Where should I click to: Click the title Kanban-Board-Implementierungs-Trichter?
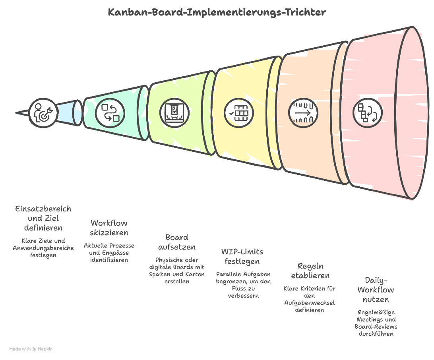217,12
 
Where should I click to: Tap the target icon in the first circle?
43,112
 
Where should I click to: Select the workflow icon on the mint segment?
110,112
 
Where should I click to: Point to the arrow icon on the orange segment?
303,112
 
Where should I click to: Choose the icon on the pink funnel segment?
368,113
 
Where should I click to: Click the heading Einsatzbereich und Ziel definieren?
43,218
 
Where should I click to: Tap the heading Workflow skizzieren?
109,228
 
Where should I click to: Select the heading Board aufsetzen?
177,242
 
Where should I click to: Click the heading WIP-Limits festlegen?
242,256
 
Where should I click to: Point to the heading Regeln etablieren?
310,271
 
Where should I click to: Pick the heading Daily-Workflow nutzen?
376,290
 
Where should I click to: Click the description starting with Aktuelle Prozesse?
109,253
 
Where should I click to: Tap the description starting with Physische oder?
177,271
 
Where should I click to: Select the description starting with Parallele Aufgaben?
243,285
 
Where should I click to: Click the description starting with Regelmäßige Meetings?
376,323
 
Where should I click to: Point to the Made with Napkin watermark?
31,349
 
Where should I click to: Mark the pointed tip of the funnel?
17,113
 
